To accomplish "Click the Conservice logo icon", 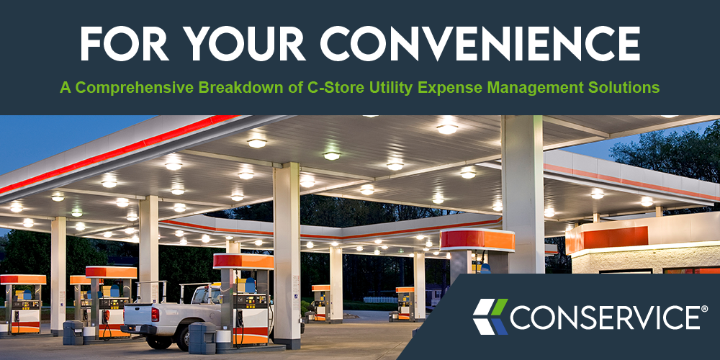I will point(490,317).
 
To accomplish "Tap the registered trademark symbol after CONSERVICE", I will point(704,309).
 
